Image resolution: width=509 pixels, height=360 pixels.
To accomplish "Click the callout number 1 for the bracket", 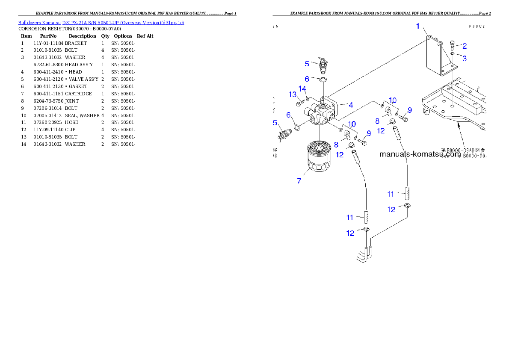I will click(x=418, y=26).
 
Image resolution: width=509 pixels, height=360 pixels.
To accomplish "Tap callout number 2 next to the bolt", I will click(x=464, y=46).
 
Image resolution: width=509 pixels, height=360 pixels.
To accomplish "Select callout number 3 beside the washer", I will click(x=464, y=57).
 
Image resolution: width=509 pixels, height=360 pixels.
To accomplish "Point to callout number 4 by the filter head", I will click(x=350, y=104).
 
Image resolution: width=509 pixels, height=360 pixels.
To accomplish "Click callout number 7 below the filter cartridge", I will click(x=299, y=180).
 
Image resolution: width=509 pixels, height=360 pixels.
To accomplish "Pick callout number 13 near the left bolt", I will click(x=293, y=94).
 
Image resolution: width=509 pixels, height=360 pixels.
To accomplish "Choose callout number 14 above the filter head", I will click(x=302, y=89).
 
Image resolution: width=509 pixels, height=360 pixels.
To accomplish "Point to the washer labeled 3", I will click(x=453, y=55).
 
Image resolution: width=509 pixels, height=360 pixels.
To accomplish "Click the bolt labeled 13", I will click(x=300, y=103).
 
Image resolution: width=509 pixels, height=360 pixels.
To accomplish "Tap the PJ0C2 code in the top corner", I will click(x=476, y=26).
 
